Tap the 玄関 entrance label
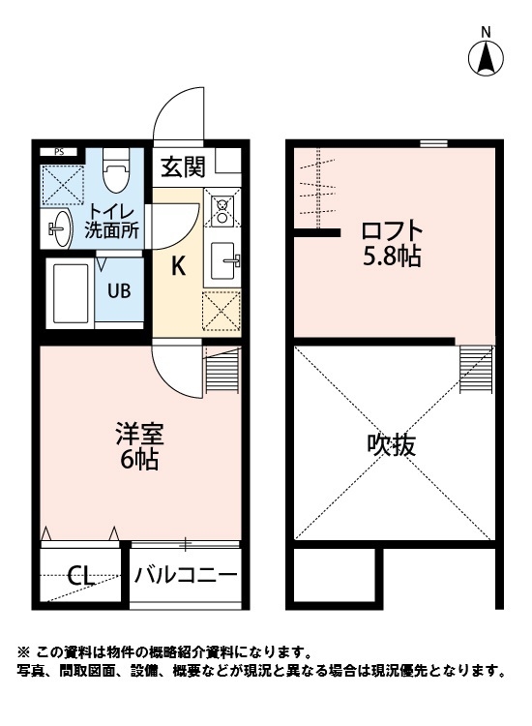(x=182, y=166)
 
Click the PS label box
(x=60, y=151)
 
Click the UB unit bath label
(x=119, y=289)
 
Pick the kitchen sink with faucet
(x=224, y=258)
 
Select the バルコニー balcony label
(x=186, y=576)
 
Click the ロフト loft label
(x=392, y=232)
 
